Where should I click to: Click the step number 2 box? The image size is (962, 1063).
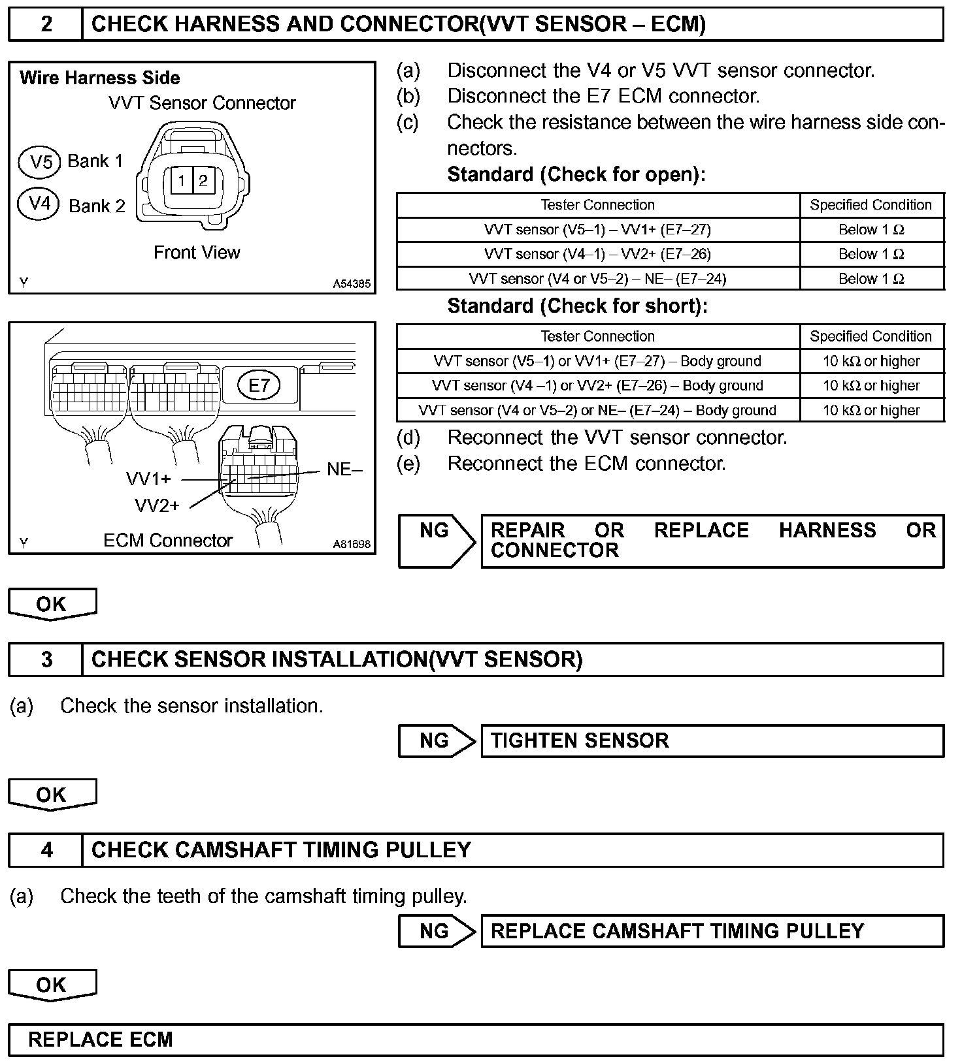[46, 24]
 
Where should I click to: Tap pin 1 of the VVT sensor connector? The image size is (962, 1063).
[181, 180]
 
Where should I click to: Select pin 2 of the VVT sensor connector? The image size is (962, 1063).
[203, 180]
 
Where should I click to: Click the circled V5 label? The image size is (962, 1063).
[41, 161]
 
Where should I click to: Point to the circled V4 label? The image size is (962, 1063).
[41, 204]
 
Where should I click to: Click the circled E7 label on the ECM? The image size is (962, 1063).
[259, 385]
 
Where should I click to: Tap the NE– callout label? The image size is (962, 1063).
[344, 469]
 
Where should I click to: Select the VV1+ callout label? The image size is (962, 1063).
[148, 479]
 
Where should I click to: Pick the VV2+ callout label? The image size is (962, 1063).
[157, 505]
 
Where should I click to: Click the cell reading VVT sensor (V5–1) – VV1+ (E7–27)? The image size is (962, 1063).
[597, 230]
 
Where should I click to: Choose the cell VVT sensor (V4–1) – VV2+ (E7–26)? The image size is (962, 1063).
[597, 254]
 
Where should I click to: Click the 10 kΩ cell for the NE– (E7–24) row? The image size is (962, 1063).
[871, 410]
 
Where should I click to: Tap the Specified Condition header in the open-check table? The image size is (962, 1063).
[871, 205]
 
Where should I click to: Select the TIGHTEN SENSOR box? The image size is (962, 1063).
[712, 740]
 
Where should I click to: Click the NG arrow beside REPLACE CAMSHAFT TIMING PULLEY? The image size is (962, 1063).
[436, 930]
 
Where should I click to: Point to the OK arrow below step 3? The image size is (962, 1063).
[52, 795]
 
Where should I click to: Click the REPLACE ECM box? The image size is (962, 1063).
[475, 1039]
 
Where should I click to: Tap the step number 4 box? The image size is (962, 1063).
[46, 849]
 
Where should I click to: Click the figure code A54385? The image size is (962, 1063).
[352, 284]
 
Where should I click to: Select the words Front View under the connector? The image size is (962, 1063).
[197, 253]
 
